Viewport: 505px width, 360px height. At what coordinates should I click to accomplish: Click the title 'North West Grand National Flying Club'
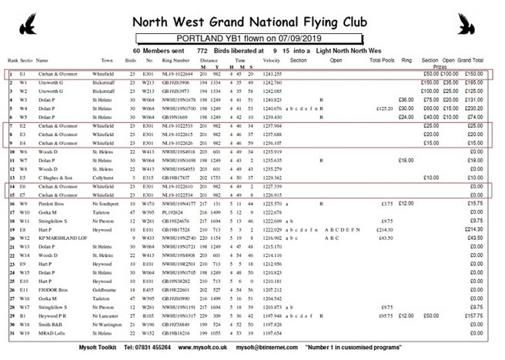coord(252,19)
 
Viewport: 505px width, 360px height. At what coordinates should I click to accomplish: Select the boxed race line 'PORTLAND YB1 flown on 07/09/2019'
coord(252,37)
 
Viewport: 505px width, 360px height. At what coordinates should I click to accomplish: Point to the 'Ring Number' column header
coord(176,60)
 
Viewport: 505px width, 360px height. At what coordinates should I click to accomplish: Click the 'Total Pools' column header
coord(383,60)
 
